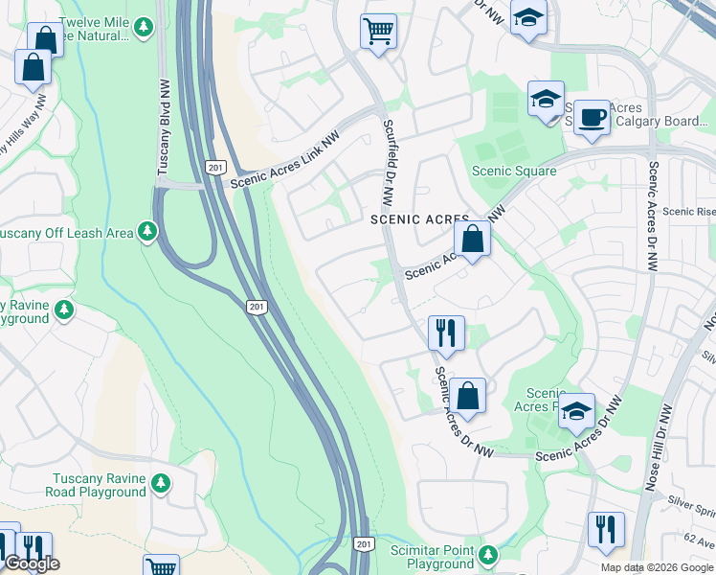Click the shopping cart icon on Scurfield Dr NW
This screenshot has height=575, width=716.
[378, 31]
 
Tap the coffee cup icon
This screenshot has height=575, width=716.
[592, 118]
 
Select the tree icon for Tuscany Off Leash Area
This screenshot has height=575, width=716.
[146, 231]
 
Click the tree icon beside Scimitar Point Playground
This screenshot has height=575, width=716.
[489, 555]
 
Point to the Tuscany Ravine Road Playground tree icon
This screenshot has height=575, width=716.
[162, 482]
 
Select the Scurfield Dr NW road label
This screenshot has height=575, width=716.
[388, 164]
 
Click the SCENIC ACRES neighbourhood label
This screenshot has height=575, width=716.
[419, 219]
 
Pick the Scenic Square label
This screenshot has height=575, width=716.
[514, 172]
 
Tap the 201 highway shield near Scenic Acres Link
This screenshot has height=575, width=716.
[213, 168]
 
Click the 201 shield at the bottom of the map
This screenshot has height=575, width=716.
[363, 544]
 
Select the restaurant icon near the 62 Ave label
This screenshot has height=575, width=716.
[606, 530]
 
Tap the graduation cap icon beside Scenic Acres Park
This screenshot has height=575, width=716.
[576, 411]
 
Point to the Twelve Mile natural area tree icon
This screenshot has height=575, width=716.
[144, 27]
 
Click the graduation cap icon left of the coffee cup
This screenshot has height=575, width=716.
[546, 99]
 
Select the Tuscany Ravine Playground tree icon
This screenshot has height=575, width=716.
[64, 310]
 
